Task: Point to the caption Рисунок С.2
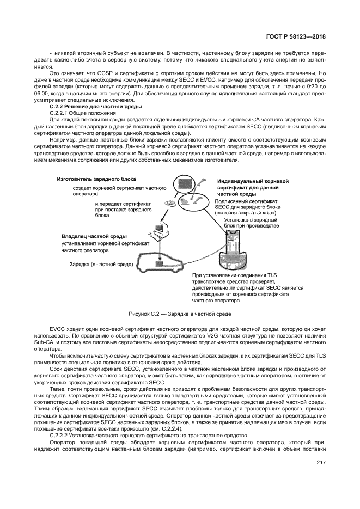coord(180,314)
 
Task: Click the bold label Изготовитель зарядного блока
coord(96,179)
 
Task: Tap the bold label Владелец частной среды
coord(94,237)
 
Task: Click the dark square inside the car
coord(160,263)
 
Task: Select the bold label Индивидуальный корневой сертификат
coord(253,187)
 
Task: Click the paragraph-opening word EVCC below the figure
coord(57,330)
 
